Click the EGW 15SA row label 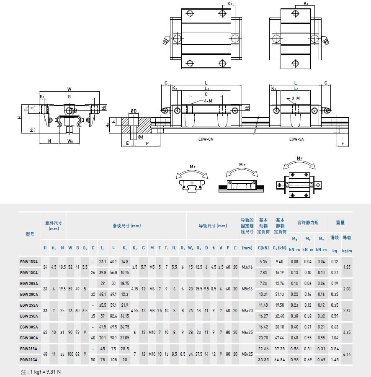(x=28, y=262)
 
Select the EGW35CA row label (x=28, y=359)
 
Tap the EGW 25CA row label (x=28, y=316)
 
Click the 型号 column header (x=29, y=234)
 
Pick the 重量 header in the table (x=340, y=223)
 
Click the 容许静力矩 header (x=308, y=223)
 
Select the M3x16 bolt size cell (x=247, y=267)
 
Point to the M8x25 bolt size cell (x=247, y=354)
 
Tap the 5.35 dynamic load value (x=263, y=262)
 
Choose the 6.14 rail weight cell (x=347, y=354)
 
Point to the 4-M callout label (x=208, y=101)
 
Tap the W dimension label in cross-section (x=70, y=89)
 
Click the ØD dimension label (x=134, y=111)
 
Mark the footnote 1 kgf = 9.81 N (x=41, y=372)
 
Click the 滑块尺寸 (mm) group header (x=126, y=226)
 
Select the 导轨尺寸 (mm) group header (x=213, y=226)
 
